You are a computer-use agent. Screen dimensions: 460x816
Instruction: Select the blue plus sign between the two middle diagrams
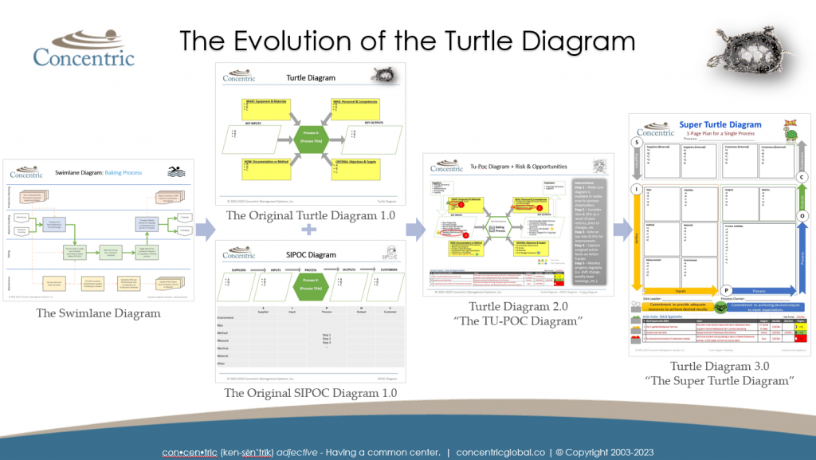tap(305, 231)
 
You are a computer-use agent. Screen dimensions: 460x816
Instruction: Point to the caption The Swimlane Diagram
tap(98, 313)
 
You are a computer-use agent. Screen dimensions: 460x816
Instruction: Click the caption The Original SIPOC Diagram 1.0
tap(311, 393)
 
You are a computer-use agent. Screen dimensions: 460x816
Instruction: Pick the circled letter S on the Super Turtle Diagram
tap(637, 143)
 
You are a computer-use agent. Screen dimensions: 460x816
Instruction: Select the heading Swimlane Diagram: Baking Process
tap(87, 171)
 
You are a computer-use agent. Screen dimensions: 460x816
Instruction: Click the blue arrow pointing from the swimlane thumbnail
tap(205, 231)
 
